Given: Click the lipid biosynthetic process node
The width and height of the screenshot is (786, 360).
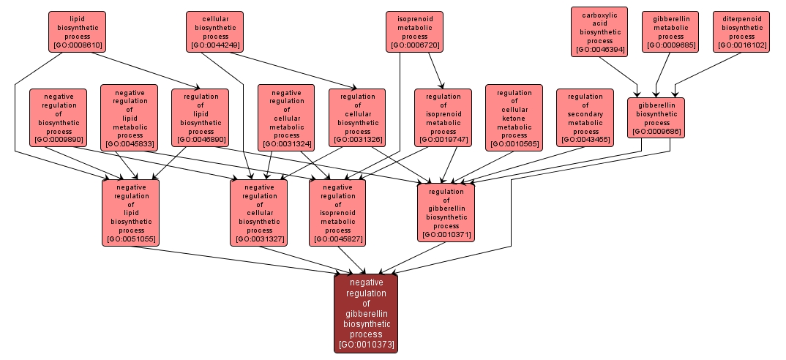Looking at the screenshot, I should point(77,31).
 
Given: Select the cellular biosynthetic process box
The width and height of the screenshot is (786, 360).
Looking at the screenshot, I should point(214,31).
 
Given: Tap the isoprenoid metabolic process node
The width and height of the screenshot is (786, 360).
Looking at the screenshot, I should point(415,31).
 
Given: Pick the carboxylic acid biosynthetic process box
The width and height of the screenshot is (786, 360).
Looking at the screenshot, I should point(599,31).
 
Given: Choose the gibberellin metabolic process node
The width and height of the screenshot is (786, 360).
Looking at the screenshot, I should point(670,31).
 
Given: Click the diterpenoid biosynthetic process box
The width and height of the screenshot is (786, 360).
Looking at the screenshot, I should point(741,31).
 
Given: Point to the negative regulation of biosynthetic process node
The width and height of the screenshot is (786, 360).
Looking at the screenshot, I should point(59,117).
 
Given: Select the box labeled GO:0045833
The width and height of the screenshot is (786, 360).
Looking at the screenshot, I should point(130,117).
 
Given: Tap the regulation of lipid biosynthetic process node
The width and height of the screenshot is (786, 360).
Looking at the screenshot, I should point(201,117).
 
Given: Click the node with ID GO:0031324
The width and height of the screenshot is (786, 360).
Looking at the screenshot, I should point(286,117).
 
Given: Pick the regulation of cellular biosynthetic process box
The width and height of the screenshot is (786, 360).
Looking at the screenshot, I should point(357,117).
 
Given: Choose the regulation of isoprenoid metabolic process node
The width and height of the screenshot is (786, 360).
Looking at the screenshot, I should point(443,117).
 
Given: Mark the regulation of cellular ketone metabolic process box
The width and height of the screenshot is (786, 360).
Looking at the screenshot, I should point(514,117).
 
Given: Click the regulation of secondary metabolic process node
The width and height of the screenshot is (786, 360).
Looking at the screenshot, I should point(585,117).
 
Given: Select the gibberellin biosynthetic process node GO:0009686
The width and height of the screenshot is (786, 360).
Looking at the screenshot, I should point(656,117).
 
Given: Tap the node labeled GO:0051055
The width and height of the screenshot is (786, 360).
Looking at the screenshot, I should point(131,212).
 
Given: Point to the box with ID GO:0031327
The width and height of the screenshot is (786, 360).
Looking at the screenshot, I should point(259,212).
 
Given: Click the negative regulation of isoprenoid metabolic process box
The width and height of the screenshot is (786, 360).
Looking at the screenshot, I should point(337,212).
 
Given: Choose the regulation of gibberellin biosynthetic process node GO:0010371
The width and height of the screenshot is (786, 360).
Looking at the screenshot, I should point(446,212).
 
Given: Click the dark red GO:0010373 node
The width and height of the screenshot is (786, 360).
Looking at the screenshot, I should point(366,313).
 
